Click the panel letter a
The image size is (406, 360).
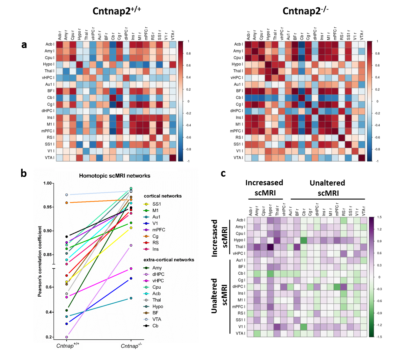pyautogui.click(x=24, y=45)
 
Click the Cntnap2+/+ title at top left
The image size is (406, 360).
pyautogui.click(x=116, y=11)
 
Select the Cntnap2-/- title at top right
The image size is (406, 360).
pyautogui.click(x=305, y=11)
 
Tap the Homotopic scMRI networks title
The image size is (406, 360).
pyautogui.click(x=114, y=176)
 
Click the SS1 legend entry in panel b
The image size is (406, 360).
pyautogui.click(x=156, y=204)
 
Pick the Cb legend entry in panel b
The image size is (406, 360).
pyautogui.click(x=155, y=326)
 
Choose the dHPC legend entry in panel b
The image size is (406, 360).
pyautogui.click(x=158, y=274)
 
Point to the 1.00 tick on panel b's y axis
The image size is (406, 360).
pyautogui.click(x=47, y=183)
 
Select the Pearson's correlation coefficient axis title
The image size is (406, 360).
pyautogui.click(x=40, y=261)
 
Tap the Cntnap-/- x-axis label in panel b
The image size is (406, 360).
pyautogui.click(x=131, y=346)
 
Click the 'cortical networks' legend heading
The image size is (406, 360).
pyautogui.click(x=163, y=196)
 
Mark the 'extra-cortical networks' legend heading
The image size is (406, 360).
pyautogui.click(x=169, y=260)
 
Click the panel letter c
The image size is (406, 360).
pyautogui.click(x=223, y=173)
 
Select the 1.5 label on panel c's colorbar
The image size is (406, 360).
pyautogui.click(x=379, y=217)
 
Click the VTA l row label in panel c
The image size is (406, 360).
pyautogui.click(x=240, y=333)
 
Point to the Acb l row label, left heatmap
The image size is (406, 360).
pyautogui.click(x=50, y=44)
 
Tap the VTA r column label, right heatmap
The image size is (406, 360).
pyautogui.click(x=362, y=35)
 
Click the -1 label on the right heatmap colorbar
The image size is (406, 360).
pyautogui.click(x=378, y=161)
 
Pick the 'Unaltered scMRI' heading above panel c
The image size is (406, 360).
pyautogui.click(x=327, y=188)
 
